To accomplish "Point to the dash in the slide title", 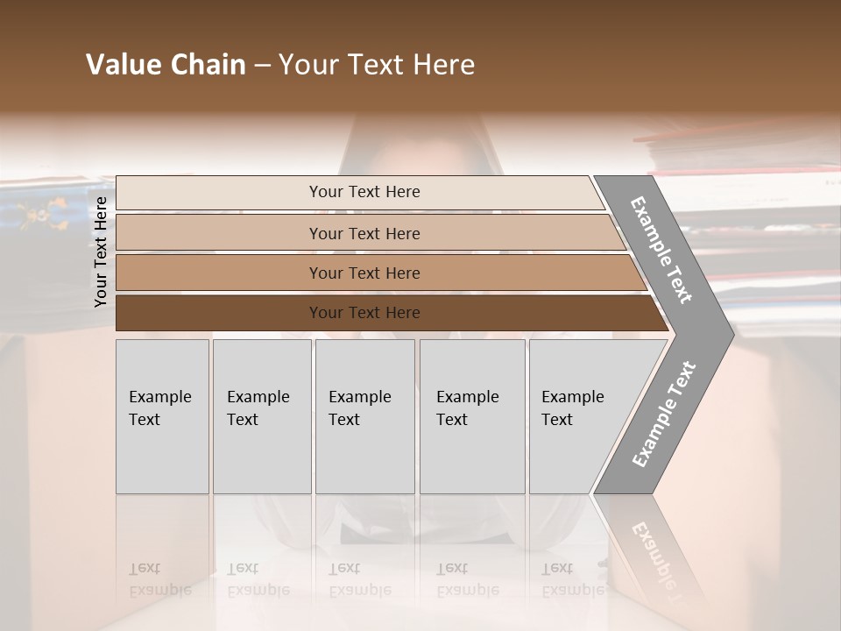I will [x=262, y=66].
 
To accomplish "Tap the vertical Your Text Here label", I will [x=101, y=252].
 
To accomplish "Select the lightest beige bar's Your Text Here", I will [x=364, y=192].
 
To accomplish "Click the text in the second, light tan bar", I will [x=364, y=234].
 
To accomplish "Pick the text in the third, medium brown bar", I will [x=364, y=273].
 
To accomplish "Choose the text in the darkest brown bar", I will [x=364, y=313].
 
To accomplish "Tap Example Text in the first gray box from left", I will [x=159, y=408].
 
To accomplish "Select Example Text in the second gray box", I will [x=258, y=408].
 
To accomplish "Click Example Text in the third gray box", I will [x=359, y=408].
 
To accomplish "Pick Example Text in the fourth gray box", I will [x=467, y=408].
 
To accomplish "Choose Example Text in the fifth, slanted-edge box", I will [x=572, y=408].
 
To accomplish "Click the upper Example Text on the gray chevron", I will [x=661, y=250].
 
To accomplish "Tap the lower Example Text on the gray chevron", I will [x=663, y=415].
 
